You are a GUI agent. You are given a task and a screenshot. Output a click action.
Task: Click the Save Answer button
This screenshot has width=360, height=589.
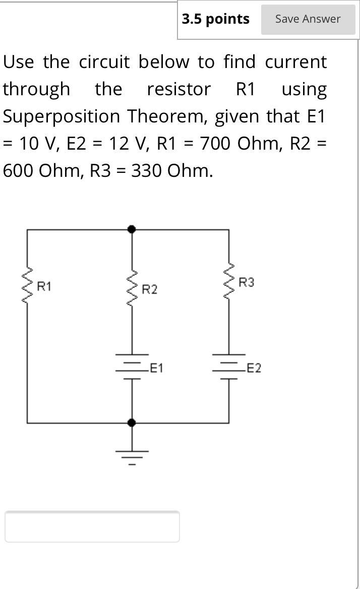[x=308, y=19]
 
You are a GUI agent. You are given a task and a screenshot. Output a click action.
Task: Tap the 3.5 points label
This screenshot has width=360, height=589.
[x=215, y=19]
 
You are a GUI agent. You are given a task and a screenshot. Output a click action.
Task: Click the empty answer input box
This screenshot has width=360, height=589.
[x=92, y=527]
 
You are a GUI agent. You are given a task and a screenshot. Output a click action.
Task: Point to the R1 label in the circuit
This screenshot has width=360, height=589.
[x=44, y=287]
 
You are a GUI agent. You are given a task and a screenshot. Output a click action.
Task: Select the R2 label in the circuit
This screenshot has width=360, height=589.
[x=149, y=290]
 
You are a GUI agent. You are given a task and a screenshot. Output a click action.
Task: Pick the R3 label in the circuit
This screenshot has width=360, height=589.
[x=247, y=283]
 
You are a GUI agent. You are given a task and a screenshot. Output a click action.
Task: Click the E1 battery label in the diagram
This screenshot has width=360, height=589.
[x=157, y=368]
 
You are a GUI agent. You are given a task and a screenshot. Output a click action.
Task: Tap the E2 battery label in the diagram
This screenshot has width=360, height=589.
[x=254, y=368]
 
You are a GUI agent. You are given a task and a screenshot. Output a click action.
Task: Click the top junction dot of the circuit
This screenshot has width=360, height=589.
[x=132, y=229]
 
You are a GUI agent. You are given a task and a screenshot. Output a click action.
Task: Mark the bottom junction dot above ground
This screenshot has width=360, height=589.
[x=132, y=422]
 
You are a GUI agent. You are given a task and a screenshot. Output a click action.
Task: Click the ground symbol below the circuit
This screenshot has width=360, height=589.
[x=132, y=456]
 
